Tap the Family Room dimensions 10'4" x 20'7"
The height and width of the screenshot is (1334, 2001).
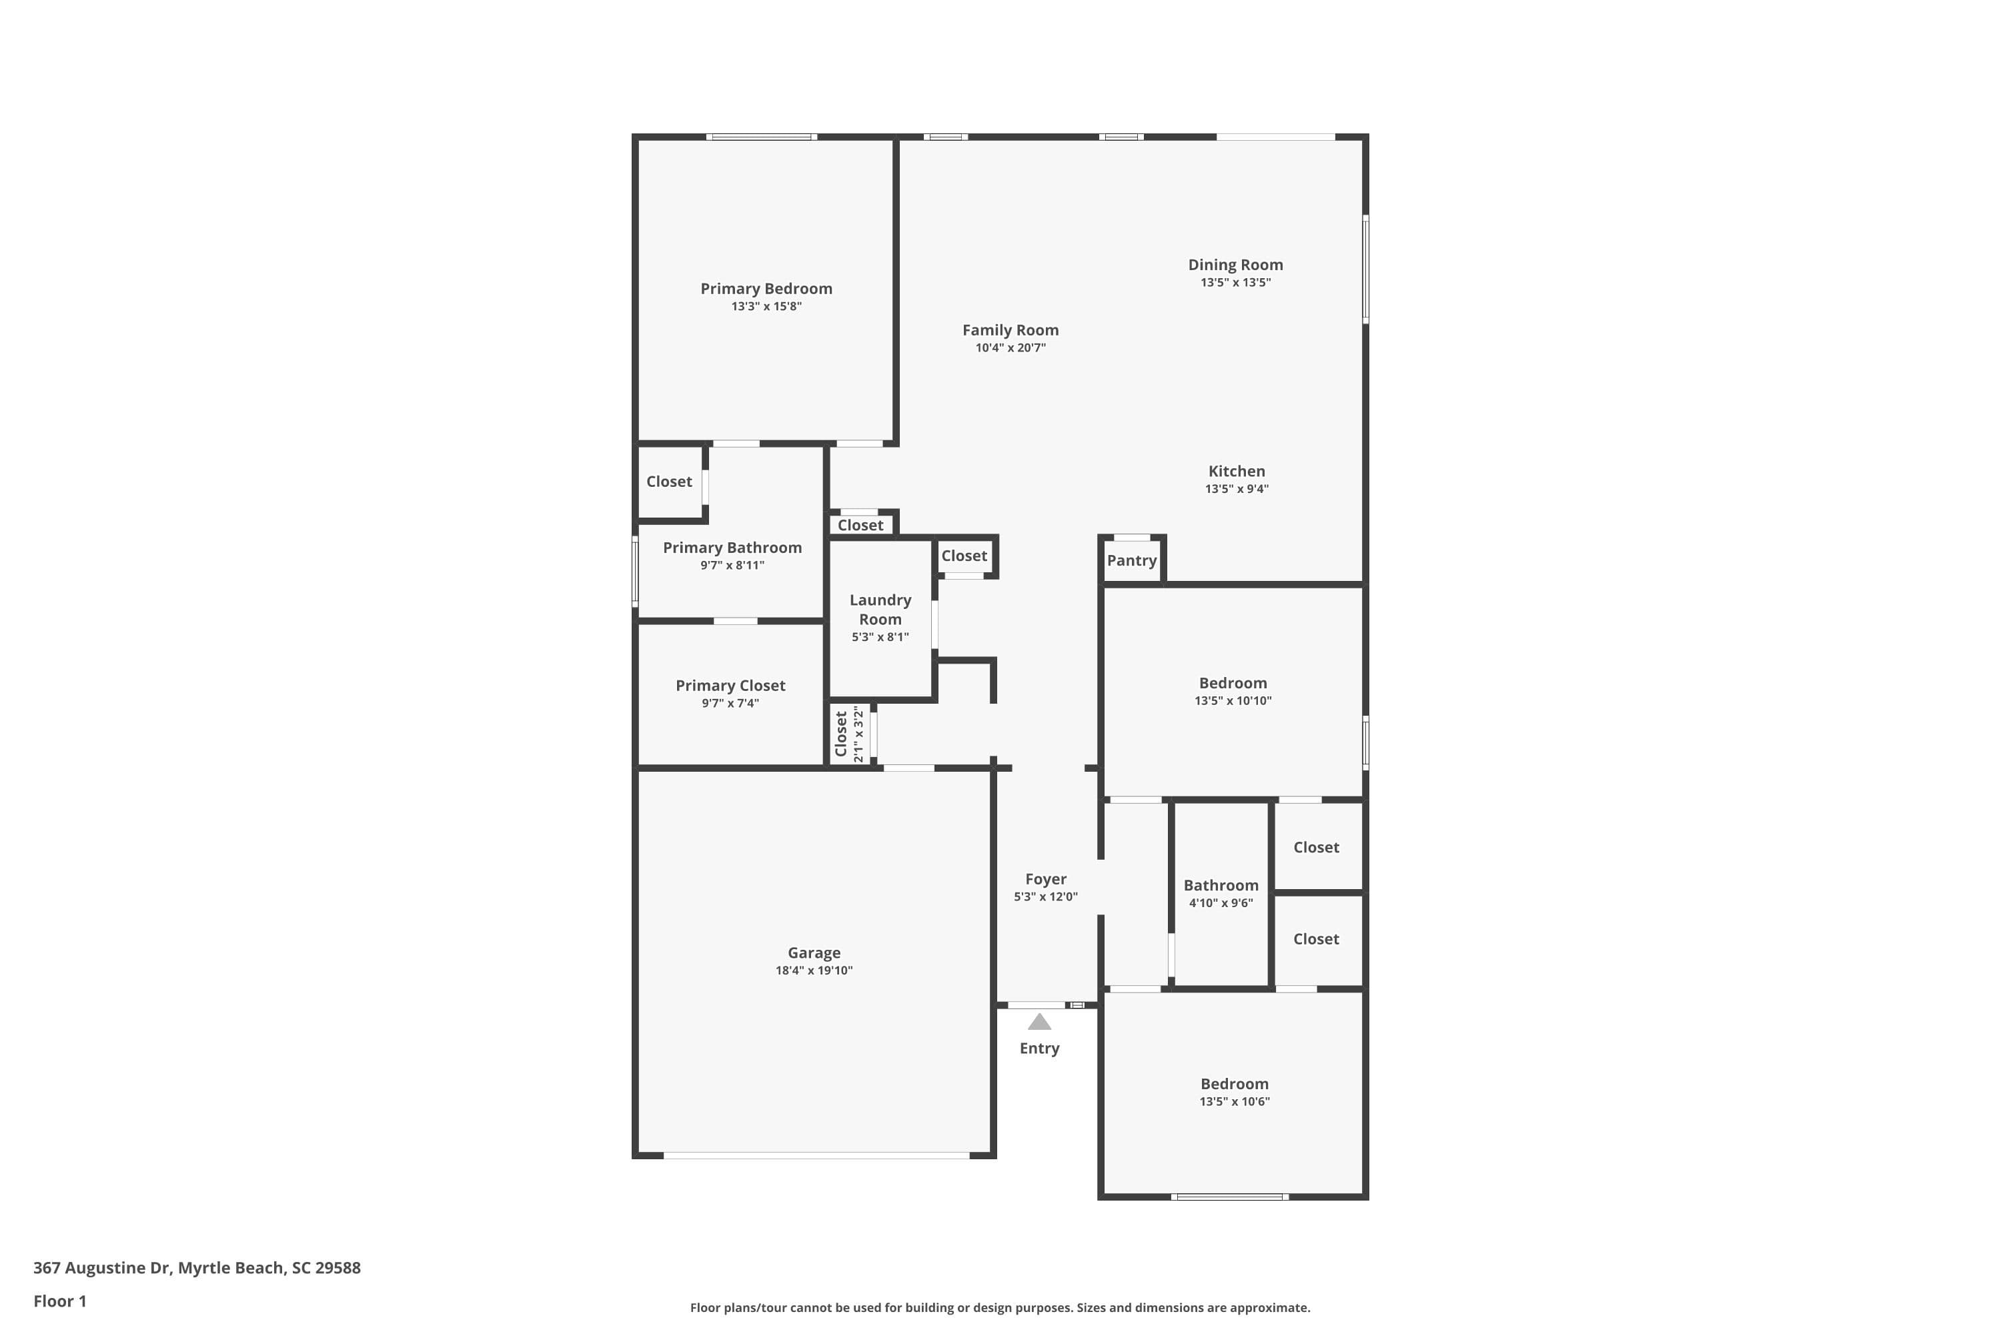coord(1010,348)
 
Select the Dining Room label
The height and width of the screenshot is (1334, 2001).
coord(1235,265)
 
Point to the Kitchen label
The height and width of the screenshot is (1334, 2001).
coord(1236,472)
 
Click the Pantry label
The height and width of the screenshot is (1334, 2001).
coord(1131,561)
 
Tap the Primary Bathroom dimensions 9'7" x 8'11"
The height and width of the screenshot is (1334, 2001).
coord(732,566)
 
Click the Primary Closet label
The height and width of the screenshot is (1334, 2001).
coord(730,686)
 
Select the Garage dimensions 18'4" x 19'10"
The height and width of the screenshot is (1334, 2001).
coord(813,970)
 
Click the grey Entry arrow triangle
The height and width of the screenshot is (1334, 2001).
coord(1039,1023)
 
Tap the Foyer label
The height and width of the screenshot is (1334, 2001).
coord(1046,880)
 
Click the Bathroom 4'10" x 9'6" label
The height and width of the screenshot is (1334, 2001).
coord(1221,886)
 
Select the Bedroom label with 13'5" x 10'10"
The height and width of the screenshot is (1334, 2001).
coord(1233,683)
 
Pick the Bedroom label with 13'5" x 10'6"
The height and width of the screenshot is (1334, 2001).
coord(1233,1084)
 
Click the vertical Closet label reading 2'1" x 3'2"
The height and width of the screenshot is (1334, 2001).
coord(841,734)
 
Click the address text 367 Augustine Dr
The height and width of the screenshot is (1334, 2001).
coord(102,1268)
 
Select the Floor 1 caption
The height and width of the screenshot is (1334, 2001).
coord(59,1301)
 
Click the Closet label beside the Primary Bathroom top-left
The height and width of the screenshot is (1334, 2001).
coord(669,482)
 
